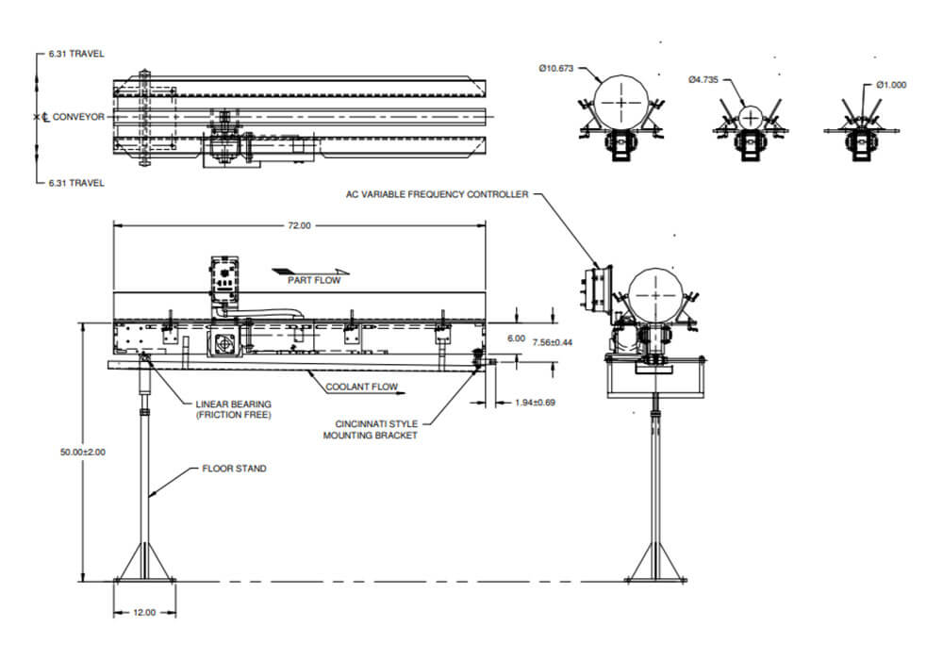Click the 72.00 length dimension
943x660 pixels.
300,225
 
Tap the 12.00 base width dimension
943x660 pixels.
143,612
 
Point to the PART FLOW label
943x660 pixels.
314,279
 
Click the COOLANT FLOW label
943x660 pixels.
361,387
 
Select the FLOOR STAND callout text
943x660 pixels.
235,469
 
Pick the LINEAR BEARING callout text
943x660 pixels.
232,410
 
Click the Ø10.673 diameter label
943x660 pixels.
556,68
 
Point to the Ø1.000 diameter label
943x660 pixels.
890,85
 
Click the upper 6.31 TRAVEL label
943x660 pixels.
75,54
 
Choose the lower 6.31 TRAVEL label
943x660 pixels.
75,182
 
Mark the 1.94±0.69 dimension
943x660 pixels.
535,403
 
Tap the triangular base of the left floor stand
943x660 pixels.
144,563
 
